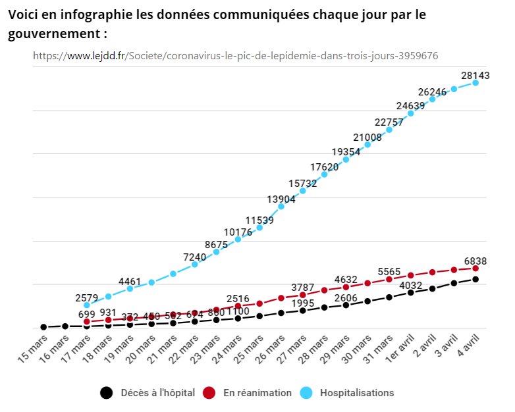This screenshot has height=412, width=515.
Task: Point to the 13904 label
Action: [x=281, y=200]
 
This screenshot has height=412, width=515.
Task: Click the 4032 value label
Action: [x=410, y=285]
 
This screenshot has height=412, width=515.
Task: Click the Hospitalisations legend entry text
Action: [x=357, y=393]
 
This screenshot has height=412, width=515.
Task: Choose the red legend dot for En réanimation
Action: [x=209, y=393]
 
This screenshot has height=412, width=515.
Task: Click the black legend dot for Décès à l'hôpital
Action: [x=106, y=393]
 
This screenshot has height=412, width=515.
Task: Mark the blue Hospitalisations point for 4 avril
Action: [x=475, y=83]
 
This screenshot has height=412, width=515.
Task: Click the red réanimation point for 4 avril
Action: [x=475, y=269]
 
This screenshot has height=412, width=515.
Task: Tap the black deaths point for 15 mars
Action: [x=43, y=326]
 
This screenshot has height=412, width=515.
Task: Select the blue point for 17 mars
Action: [x=87, y=305]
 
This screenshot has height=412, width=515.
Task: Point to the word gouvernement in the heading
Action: [x=55, y=33]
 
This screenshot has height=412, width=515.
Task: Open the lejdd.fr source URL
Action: [x=235, y=56]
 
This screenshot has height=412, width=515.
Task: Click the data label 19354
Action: [x=346, y=152]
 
